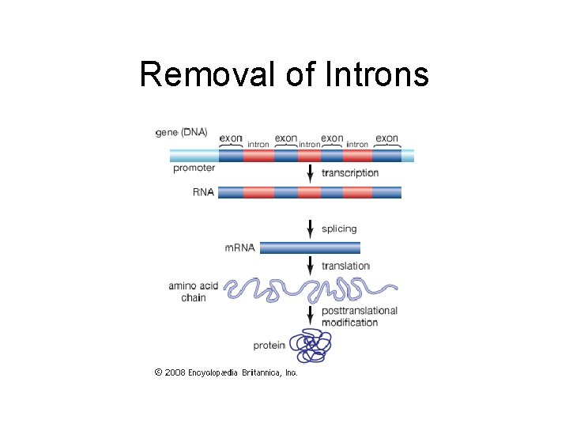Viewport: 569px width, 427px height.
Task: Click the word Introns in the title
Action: pyautogui.click(x=375, y=75)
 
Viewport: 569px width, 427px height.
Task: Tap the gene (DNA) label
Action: pyautogui.click(x=182, y=133)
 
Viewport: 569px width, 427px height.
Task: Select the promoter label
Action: pyautogui.click(x=194, y=168)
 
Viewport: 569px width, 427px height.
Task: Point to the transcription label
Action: pyautogui.click(x=350, y=173)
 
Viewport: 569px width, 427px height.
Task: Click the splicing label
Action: pyautogui.click(x=339, y=229)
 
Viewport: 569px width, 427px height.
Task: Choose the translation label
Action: pyautogui.click(x=345, y=266)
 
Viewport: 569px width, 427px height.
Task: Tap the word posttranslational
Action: pyautogui.click(x=360, y=312)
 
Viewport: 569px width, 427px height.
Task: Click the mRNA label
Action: pyautogui.click(x=240, y=248)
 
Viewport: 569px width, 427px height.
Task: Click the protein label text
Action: pyautogui.click(x=269, y=346)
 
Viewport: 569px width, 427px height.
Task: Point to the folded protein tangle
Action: pyautogui.click(x=311, y=346)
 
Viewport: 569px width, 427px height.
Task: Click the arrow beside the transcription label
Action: pyautogui.click(x=310, y=172)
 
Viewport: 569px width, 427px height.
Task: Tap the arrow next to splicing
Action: pyautogui.click(x=310, y=229)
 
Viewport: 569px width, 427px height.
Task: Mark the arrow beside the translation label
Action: pyautogui.click(x=310, y=266)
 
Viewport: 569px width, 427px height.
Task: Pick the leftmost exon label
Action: pyautogui.click(x=231, y=138)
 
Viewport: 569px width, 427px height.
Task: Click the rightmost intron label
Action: pyautogui.click(x=357, y=145)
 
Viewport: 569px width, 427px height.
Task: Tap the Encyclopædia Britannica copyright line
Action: pyautogui.click(x=226, y=372)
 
